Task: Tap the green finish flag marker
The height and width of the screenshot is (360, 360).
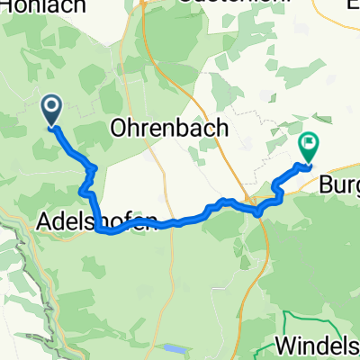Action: [309, 144]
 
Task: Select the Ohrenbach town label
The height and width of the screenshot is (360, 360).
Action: [168, 129]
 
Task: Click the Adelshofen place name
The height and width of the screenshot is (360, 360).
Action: [99, 220]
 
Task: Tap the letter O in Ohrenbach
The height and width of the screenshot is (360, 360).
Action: [119, 129]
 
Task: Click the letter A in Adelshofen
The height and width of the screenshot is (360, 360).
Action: [47, 220]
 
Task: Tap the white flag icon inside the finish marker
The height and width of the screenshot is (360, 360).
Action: [309, 141]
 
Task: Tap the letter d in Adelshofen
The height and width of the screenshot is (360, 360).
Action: [61, 220]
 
